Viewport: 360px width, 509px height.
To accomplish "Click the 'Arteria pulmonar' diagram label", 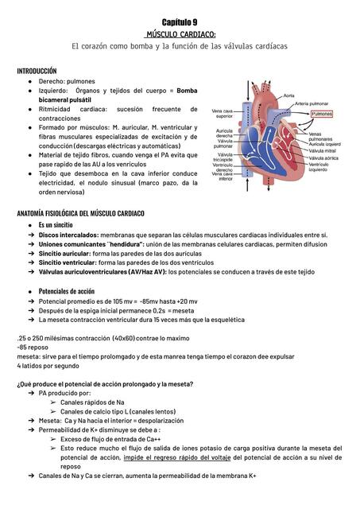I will pyautogui.click(x=314, y=103).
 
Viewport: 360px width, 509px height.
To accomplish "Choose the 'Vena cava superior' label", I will pyautogui.click(x=223, y=114).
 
